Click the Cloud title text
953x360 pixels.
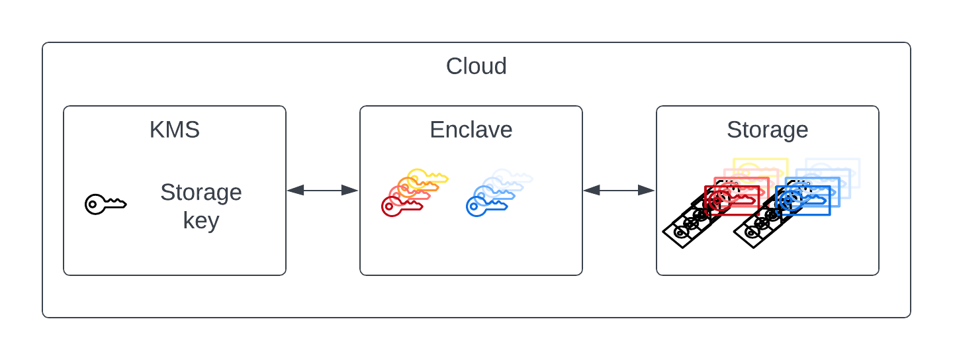coord(476,66)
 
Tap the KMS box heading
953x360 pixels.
coord(175,130)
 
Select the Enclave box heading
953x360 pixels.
coord(471,130)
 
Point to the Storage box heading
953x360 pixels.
coord(767,130)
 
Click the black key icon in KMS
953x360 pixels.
coord(105,204)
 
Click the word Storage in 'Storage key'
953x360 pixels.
coord(201,193)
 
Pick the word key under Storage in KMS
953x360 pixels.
coord(201,220)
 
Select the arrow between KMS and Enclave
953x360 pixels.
coord(322,190)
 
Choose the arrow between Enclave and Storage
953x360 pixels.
coord(619,190)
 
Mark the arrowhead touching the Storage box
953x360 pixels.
coord(647,190)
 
